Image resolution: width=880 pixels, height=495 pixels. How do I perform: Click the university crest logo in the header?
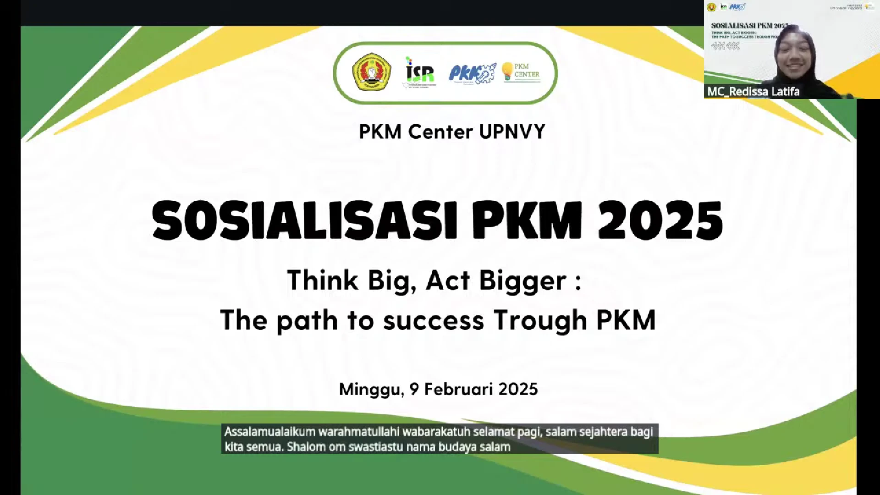point(371,71)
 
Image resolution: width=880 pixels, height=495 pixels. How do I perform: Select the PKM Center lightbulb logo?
point(521,72)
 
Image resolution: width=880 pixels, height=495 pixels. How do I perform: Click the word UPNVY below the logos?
point(512,132)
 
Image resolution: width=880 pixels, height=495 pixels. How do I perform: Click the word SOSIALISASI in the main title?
point(304,221)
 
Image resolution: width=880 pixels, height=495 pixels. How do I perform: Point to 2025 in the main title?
point(660,221)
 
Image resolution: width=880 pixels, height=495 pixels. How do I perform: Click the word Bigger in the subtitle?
point(522,280)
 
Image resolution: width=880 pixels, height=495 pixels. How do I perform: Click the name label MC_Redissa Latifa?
point(753,92)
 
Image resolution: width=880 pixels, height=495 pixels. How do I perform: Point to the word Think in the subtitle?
point(322,280)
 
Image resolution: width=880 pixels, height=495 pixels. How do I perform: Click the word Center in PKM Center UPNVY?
point(440,132)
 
